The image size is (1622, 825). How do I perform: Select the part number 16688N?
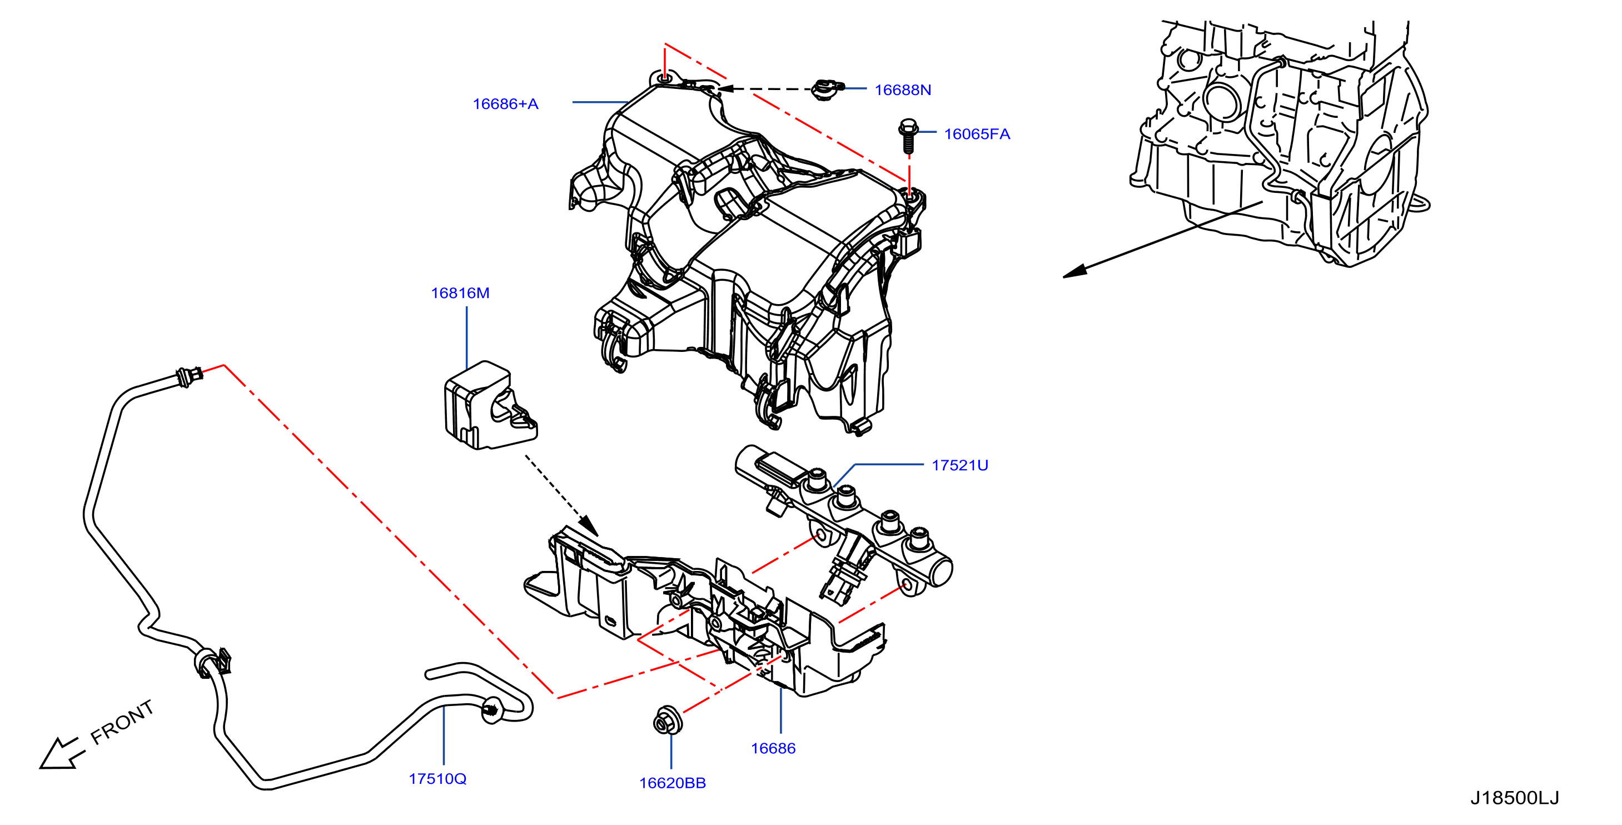902,90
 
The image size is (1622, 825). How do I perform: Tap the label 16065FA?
977,134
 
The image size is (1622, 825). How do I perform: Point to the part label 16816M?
460,293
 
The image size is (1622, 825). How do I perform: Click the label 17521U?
959,465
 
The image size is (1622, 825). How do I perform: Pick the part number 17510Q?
437,779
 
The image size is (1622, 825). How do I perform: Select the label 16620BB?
673,783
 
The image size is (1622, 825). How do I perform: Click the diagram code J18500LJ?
1514,798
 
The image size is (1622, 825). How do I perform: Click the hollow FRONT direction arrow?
60,754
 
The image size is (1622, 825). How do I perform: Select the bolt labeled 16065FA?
907,136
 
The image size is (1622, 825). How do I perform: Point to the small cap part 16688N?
827,90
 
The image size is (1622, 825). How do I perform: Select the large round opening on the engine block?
1222,100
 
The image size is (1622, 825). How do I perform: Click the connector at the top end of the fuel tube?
190,376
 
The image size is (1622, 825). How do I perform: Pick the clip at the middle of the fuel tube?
213,663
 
